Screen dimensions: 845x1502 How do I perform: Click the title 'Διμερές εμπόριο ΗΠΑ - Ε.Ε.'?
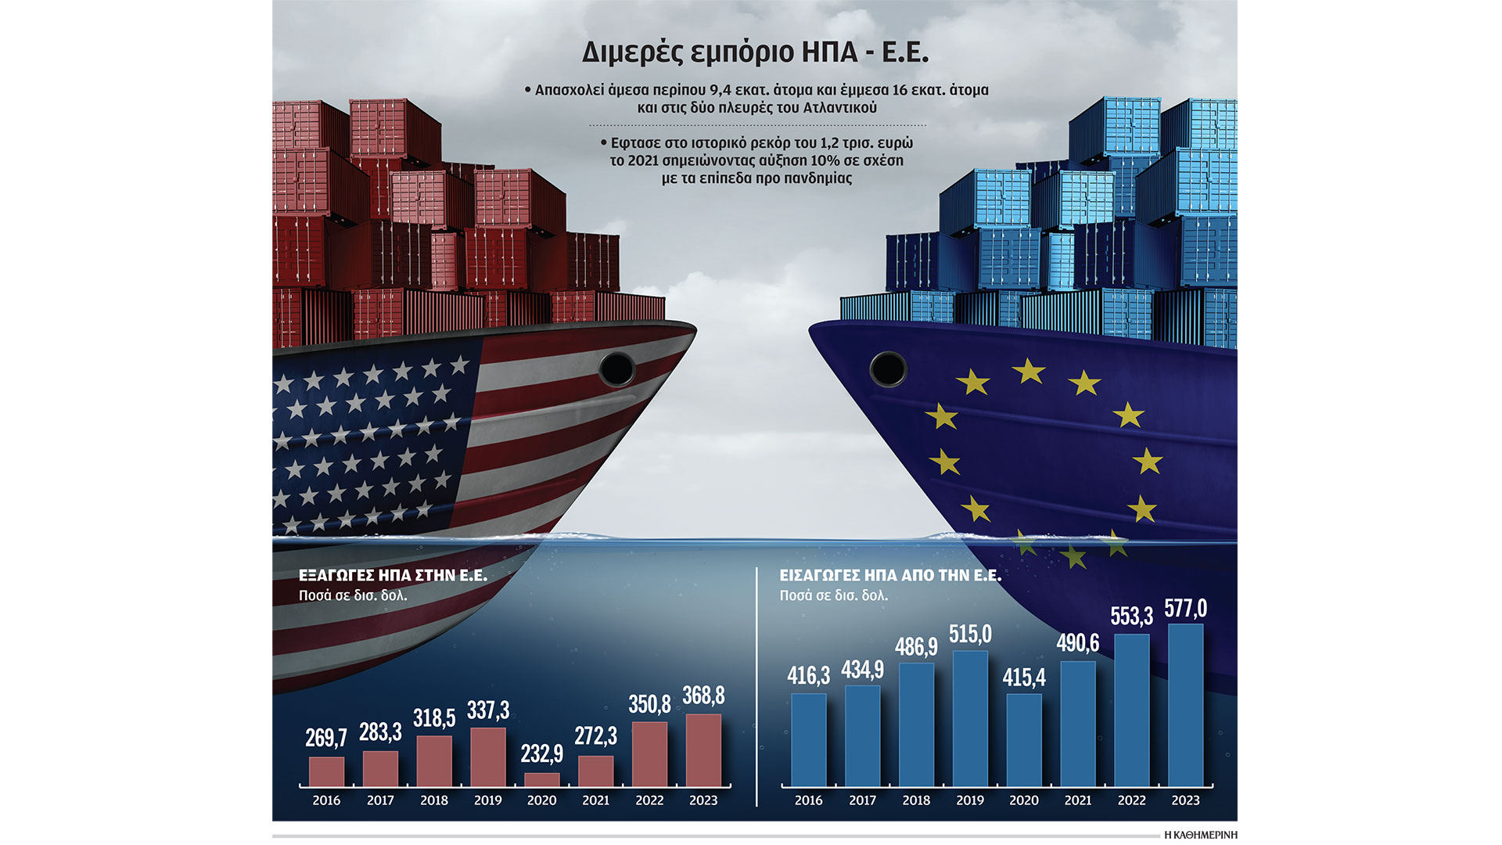[755, 52]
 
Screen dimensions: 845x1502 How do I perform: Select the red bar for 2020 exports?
[541, 780]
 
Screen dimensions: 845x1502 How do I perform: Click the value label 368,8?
[703, 696]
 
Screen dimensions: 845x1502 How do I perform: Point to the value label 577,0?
[1185, 609]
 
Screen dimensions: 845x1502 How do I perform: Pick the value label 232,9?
[541, 753]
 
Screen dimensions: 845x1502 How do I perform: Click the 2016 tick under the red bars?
[326, 800]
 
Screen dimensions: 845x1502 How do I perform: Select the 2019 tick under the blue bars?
[970, 800]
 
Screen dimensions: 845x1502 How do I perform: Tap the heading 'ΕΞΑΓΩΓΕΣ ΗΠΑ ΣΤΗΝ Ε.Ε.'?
[393, 576]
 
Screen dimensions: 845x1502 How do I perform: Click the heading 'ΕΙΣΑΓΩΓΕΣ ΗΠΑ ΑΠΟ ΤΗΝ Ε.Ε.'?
[890, 576]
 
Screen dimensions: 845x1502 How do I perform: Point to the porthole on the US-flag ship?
[616, 369]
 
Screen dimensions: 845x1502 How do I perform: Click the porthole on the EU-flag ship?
[888, 368]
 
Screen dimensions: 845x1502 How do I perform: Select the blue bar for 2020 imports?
[1024, 739]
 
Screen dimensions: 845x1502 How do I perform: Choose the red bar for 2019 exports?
[488, 757]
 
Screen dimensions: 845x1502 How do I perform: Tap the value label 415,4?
[1024, 677]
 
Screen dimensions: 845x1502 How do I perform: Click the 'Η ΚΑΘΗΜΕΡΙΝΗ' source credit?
[1201, 835]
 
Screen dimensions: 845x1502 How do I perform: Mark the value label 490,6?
[1078, 643]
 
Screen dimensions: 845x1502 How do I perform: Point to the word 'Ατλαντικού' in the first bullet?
[839, 108]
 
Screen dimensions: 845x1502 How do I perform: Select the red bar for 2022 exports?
[649, 754]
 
